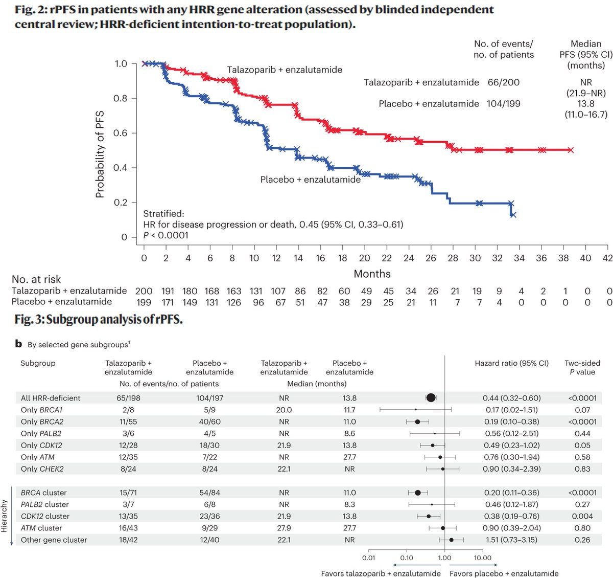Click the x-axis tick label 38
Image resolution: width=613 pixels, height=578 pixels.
(563, 258)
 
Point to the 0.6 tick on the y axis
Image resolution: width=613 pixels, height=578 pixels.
(121, 133)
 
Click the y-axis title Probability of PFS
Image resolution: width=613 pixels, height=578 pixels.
(100, 154)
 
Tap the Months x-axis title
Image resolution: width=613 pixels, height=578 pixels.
(372, 274)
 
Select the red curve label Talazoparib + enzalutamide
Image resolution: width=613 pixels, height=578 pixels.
(285, 70)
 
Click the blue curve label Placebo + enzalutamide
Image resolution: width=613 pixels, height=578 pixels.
(311, 180)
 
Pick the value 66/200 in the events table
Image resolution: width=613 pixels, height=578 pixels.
(504, 82)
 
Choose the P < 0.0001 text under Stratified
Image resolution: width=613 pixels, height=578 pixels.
(166, 235)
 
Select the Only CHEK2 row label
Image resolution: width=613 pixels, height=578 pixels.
(42, 469)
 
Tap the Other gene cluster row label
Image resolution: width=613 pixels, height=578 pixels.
(54, 540)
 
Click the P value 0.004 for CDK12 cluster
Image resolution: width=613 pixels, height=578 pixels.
(582, 516)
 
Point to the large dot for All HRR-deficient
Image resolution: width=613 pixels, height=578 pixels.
(431, 398)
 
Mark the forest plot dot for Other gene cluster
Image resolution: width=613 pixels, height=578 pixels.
(451, 540)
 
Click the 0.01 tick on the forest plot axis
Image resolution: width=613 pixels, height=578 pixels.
(368, 558)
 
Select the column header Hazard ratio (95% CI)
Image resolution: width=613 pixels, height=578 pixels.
(511, 363)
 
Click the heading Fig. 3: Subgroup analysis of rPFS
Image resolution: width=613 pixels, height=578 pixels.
(98, 320)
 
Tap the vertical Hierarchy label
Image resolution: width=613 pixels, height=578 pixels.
(5, 516)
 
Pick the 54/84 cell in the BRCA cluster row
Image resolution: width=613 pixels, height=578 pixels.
(209, 493)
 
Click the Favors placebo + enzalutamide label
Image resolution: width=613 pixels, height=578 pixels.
(504, 573)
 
